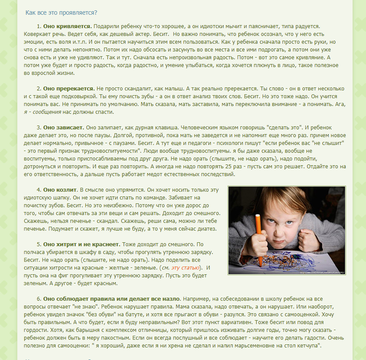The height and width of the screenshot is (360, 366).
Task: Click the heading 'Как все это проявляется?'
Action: tap(61, 13)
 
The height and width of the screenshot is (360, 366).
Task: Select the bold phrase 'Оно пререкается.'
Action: tap(69, 89)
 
